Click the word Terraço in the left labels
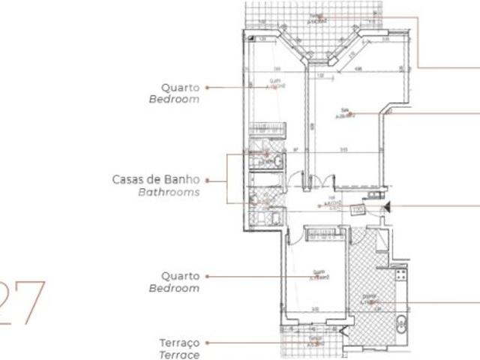pyautogui.click(x=179, y=343)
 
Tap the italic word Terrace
pyautogui.click(x=179, y=355)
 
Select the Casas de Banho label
pyautogui.click(x=156, y=179)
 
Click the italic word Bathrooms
pyautogui.click(x=169, y=192)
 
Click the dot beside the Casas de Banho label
pyautogui.click(x=208, y=180)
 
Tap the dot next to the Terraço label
pyautogui.click(x=208, y=343)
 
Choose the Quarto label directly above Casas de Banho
pyautogui.click(x=180, y=87)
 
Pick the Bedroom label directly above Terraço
pyautogui.click(x=174, y=288)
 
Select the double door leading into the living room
pyautogui.click(x=316, y=182)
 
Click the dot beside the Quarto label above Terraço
pyautogui.click(x=208, y=276)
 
